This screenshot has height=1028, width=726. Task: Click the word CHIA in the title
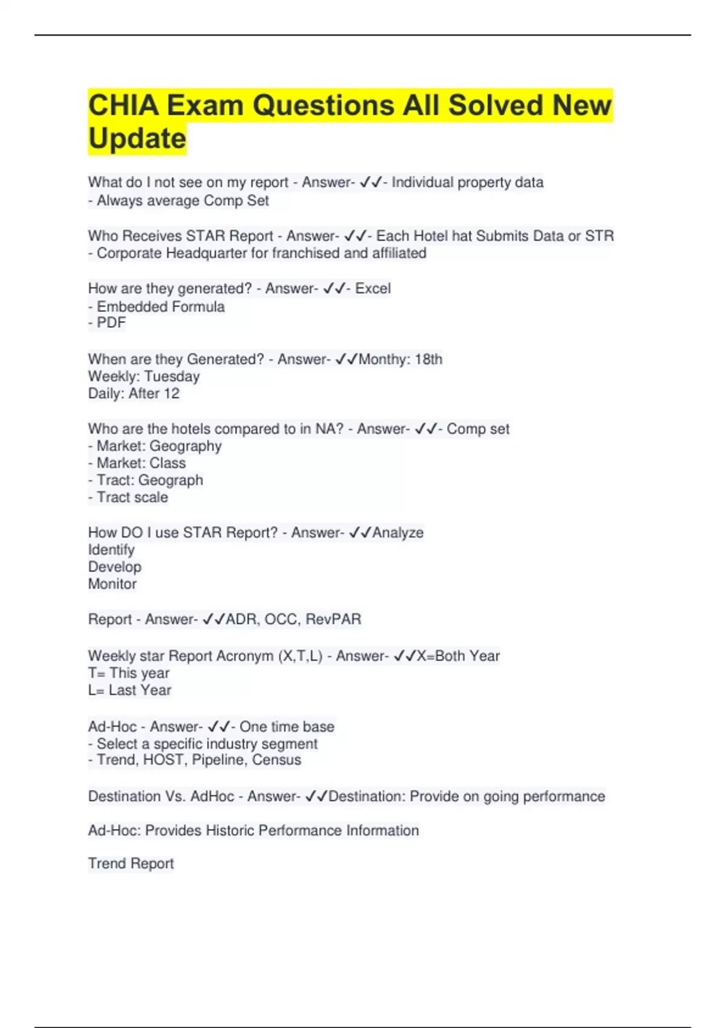(123, 105)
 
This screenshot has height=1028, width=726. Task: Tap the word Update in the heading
(137, 138)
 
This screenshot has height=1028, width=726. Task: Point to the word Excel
(373, 288)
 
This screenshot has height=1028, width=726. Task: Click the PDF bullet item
(107, 323)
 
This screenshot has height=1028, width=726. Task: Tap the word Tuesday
(172, 377)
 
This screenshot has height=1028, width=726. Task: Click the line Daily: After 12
(134, 394)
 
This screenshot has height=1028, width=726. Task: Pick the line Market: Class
(137, 463)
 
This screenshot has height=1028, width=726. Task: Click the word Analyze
(397, 533)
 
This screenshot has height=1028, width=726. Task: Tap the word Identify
(111, 550)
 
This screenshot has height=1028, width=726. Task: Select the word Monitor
(113, 584)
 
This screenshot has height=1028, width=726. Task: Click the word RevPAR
(333, 620)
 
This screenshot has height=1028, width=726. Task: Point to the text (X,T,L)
(300, 656)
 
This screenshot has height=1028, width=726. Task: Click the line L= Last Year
(129, 691)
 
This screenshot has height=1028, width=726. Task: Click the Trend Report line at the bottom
(131, 864)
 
